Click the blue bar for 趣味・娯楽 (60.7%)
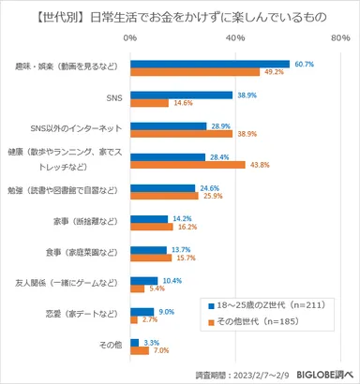coord(210,64)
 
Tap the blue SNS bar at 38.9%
coord(181,95)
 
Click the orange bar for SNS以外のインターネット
coord(181,134)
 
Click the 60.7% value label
coord(305,63)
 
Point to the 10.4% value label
coord(172,280)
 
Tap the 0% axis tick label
coord(131,37)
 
